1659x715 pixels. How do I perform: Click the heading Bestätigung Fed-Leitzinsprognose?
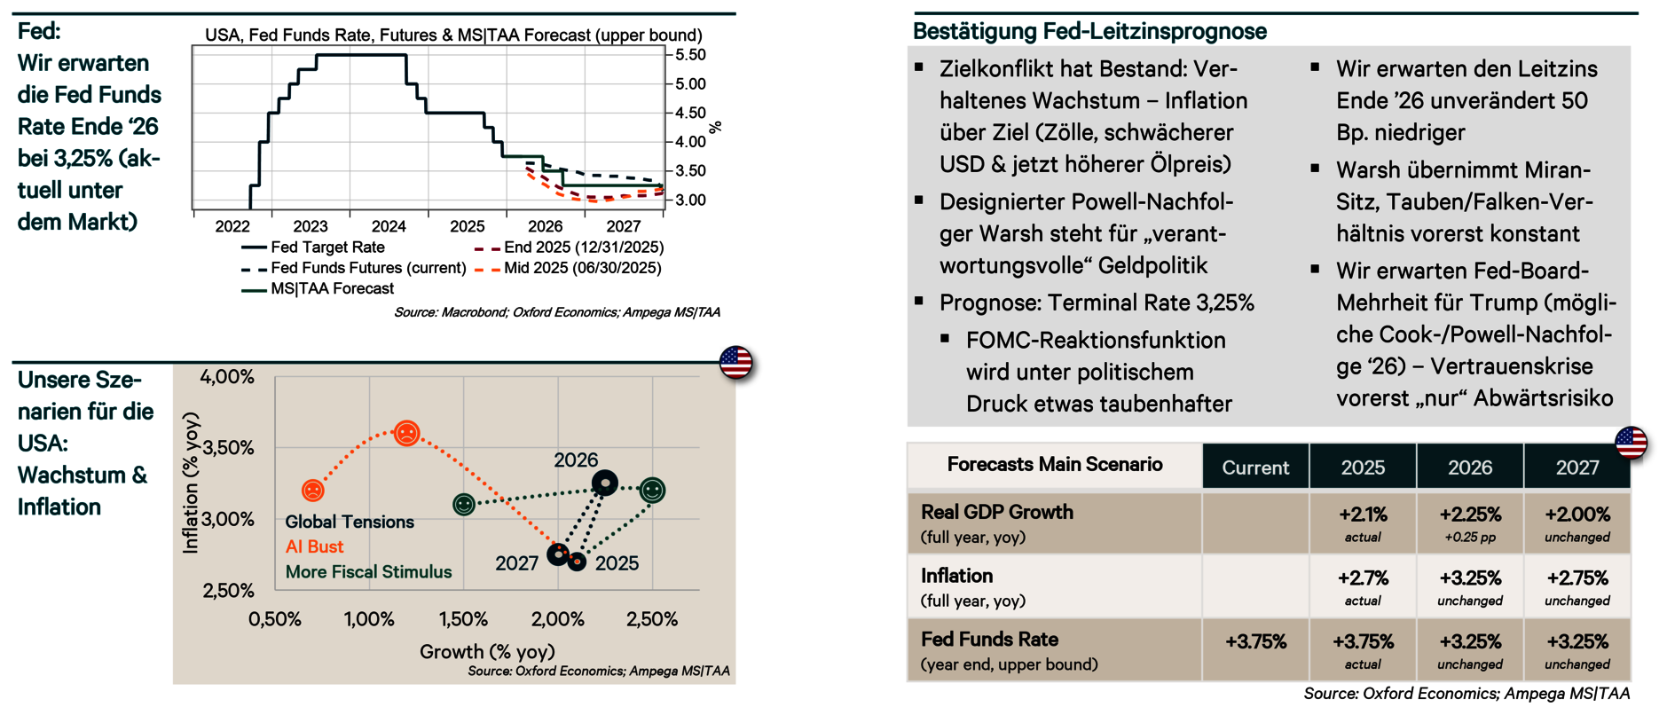coord(1089,32)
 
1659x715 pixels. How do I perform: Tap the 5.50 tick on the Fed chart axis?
coord(690,55)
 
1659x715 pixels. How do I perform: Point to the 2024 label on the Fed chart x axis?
coord(389,227)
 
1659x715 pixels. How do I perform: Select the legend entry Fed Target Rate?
coord(327,247)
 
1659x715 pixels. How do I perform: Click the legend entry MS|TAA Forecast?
coord(332,289)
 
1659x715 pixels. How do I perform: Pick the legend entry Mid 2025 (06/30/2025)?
coord(582,268)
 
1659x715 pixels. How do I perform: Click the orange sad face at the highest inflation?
coord(406,434)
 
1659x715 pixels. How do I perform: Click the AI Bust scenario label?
coord(314,547)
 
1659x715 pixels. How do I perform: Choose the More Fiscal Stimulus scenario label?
coord(368,572)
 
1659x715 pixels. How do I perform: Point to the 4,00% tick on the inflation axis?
coord(227,377)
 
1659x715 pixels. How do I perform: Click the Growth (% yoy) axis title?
coord(487,652)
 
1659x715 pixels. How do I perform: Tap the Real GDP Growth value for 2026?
coord(1470,515)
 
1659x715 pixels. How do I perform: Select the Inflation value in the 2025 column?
coord(1363,578)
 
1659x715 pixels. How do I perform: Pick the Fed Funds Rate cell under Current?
coord(1255,642)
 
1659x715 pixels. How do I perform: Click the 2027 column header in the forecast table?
coord(1576,467)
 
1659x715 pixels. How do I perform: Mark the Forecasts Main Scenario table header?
coord(1054,465)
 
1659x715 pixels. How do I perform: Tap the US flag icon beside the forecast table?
coord(1631,442)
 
